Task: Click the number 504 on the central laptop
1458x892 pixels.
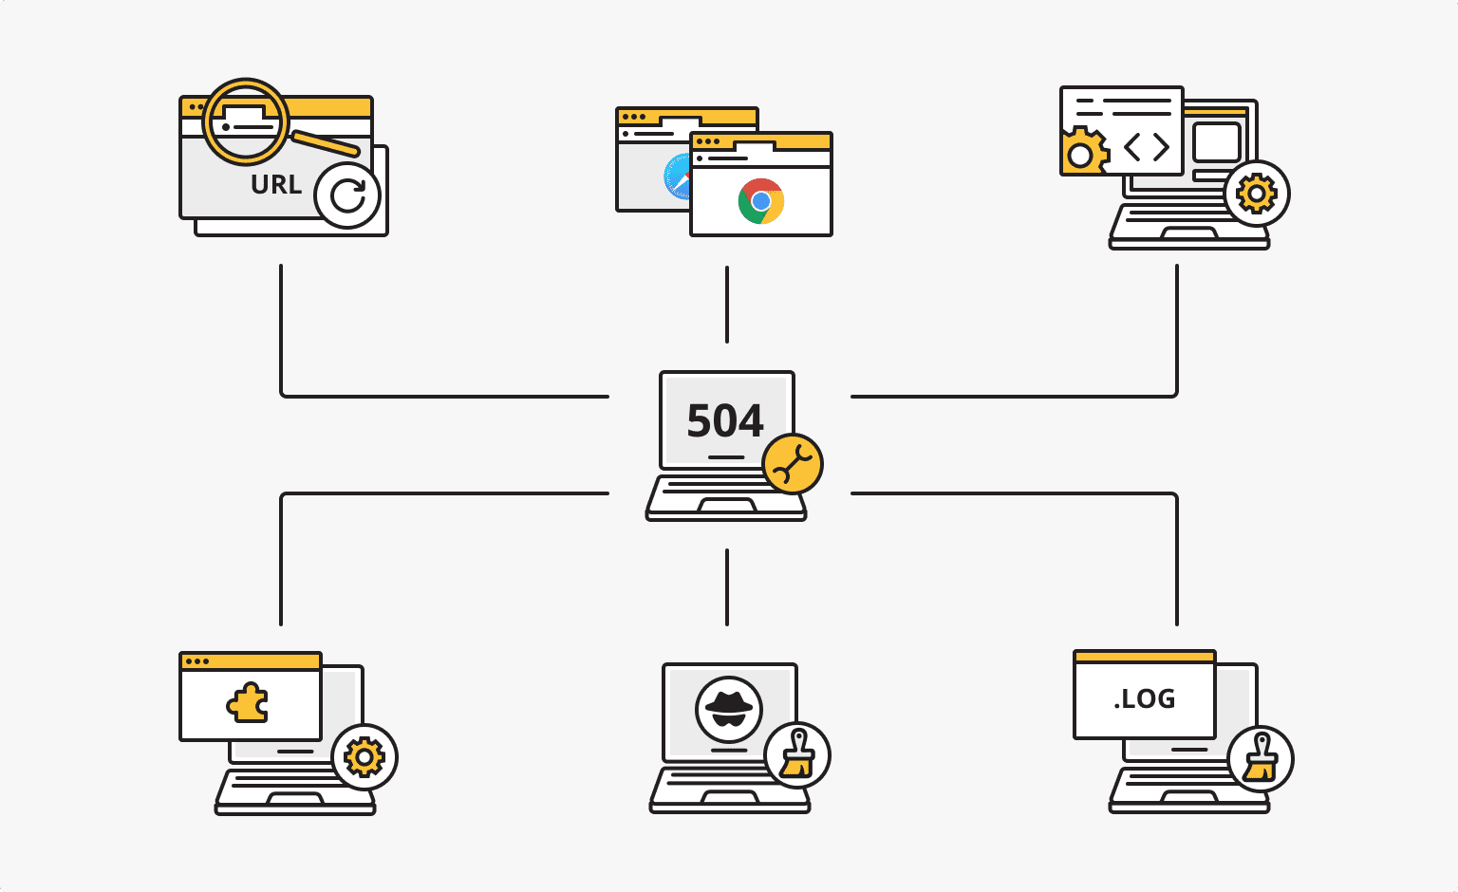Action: point(724,421)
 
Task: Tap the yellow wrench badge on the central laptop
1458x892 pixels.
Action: point(793,464)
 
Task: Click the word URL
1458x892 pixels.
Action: point(276,185)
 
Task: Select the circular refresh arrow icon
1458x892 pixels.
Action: point(347,195)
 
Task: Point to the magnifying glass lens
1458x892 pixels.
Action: point(245,121)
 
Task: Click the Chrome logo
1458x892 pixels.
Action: point(761,201)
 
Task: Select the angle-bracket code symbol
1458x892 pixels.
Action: point(1146,147)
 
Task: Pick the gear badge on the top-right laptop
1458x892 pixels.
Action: point(1257,194)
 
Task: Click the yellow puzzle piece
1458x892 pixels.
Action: point(248,704)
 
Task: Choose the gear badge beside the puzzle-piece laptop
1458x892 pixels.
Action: point(364,757)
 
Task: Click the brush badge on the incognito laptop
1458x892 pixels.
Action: point(797,755)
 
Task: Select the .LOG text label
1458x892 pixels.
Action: point(1144,699)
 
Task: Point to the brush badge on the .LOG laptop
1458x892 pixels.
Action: point(1261,759)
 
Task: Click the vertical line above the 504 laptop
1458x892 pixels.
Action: point(727,304)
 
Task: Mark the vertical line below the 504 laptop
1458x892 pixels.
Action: point(727,586)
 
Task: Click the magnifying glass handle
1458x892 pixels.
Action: point(326,143)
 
